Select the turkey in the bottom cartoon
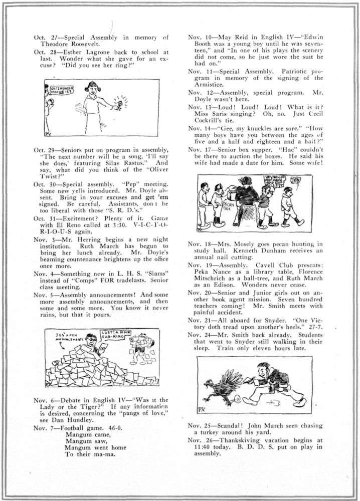click(224, 386)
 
